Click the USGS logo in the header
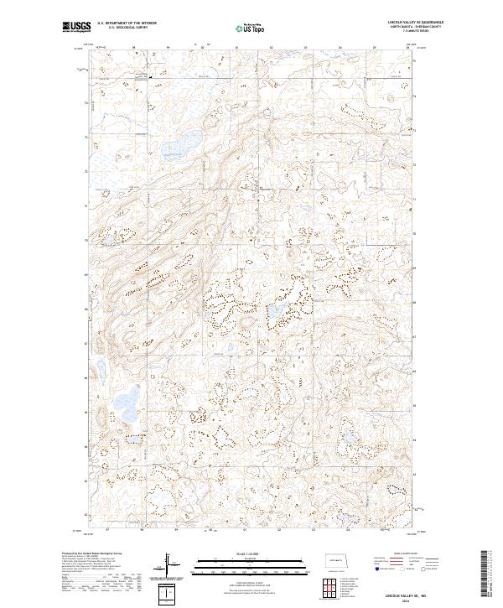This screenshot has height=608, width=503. [x=75, y=27]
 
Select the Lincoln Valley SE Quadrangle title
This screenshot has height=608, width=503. [x=416, y=23]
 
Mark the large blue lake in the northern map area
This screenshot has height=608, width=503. [x=185, y=143]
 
